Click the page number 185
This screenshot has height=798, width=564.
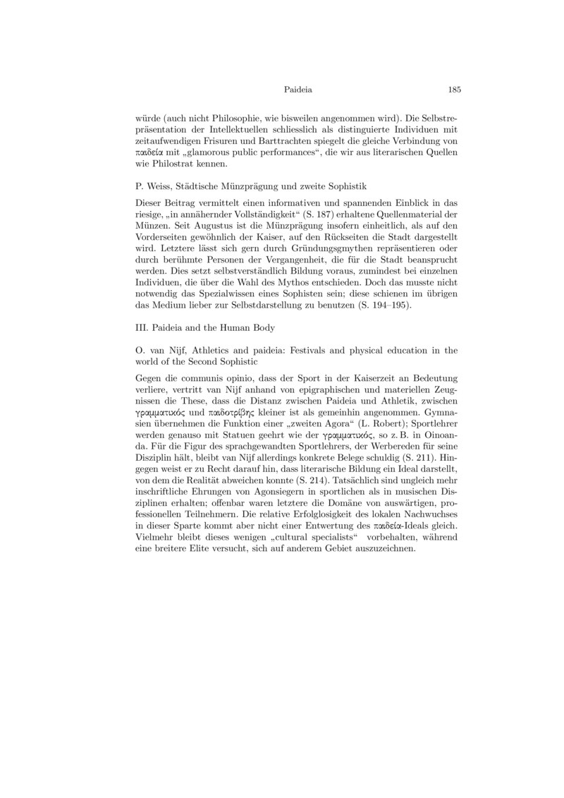click(x=454, y=90)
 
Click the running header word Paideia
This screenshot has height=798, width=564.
click(x=298, y=90)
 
